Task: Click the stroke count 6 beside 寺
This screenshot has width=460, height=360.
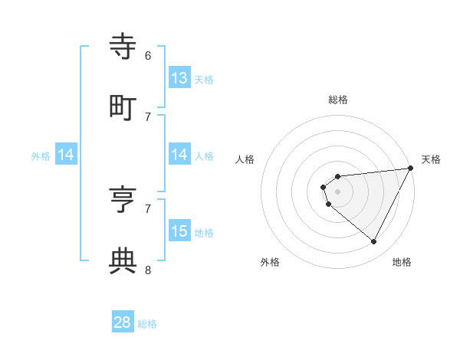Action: point(148,55)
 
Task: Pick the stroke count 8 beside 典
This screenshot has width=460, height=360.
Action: point(148,270)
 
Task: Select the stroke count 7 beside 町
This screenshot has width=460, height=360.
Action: point(148,116)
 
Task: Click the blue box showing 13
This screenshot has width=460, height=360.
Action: point(179,78)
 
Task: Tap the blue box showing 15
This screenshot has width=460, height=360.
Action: point(179,231)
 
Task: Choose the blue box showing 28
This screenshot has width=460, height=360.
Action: point(123,322)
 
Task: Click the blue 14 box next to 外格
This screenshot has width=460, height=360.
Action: point(66,155)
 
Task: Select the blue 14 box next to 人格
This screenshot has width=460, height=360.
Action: point(179,155)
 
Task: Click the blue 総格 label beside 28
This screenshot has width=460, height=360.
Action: point(147,324)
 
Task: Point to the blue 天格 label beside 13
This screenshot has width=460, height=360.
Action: point(204,79)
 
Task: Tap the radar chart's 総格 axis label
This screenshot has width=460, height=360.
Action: point(338,100)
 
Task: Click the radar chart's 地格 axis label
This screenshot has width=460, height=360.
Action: point(402,262)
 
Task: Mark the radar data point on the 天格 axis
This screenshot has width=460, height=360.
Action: point(410,168)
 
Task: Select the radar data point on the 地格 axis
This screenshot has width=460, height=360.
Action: point(374,242)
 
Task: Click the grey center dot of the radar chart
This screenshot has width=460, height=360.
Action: point(338,191)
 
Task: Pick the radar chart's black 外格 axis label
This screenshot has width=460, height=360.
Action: point(270,262)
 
